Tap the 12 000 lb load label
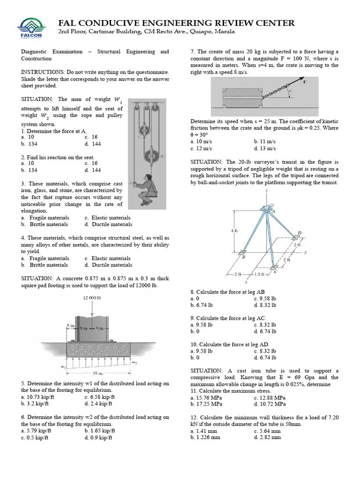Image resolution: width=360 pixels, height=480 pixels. [92, 298]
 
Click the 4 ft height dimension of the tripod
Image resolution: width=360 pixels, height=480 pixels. [234, 231]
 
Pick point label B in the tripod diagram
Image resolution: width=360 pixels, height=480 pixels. [243, 257]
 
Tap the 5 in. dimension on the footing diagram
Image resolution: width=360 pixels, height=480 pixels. [70, 325]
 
